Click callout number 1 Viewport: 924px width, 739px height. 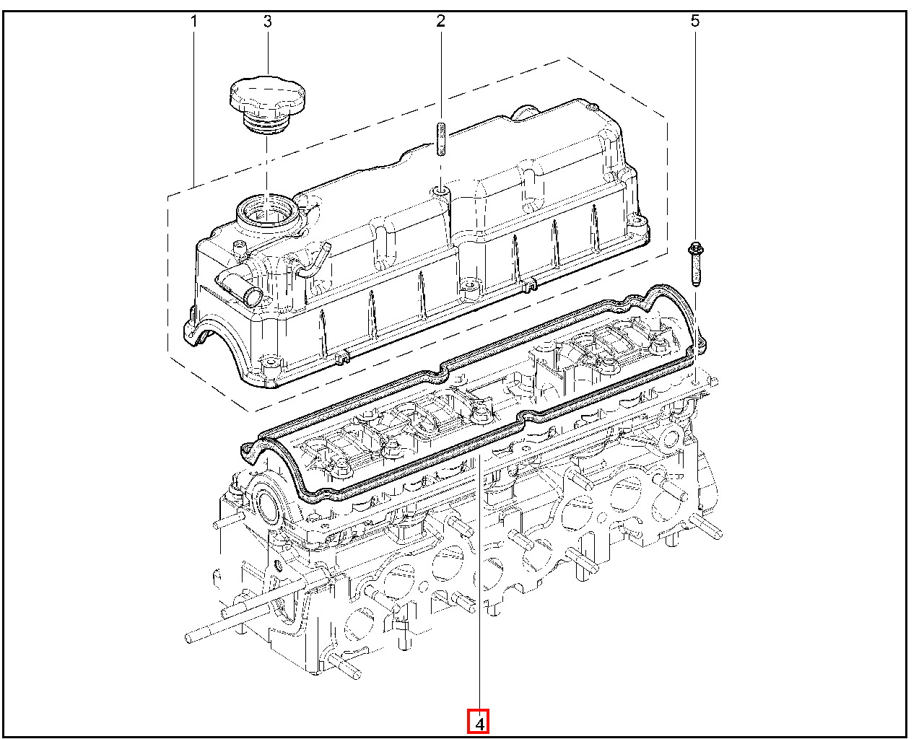tap(193, 21)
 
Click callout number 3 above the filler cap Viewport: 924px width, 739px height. tap(268, 21)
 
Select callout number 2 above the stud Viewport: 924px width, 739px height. tap(441, 21)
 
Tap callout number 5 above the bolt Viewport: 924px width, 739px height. tap(695, 21)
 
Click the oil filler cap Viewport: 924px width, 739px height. tap(268, 105)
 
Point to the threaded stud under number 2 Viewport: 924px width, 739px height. tap(441, 139)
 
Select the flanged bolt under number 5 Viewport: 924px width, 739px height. tap(696, 263)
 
